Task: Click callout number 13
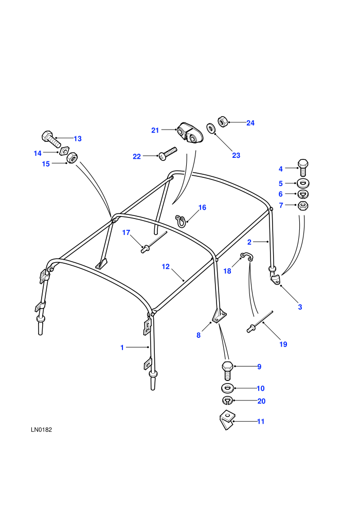78,139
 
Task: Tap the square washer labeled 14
64,150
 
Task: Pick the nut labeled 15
72,158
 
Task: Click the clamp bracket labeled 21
190,133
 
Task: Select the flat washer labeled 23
211,128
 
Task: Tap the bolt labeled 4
302,168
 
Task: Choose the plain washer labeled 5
303,183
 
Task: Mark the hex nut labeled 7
303,206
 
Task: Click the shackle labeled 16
181,221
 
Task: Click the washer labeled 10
227,388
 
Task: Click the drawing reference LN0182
42,430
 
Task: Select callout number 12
166,266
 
